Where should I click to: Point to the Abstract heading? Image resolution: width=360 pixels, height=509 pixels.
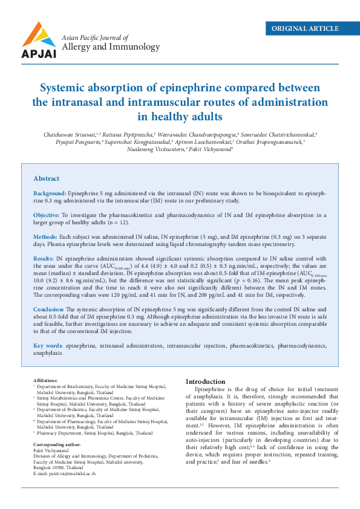(46, 178)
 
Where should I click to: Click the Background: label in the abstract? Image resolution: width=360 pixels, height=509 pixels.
(50, 193)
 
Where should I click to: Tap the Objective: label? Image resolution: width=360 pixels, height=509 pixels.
(46, 215)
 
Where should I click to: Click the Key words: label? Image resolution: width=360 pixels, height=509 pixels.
(48, 346)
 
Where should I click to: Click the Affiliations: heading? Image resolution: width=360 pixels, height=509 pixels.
(45, 380)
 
